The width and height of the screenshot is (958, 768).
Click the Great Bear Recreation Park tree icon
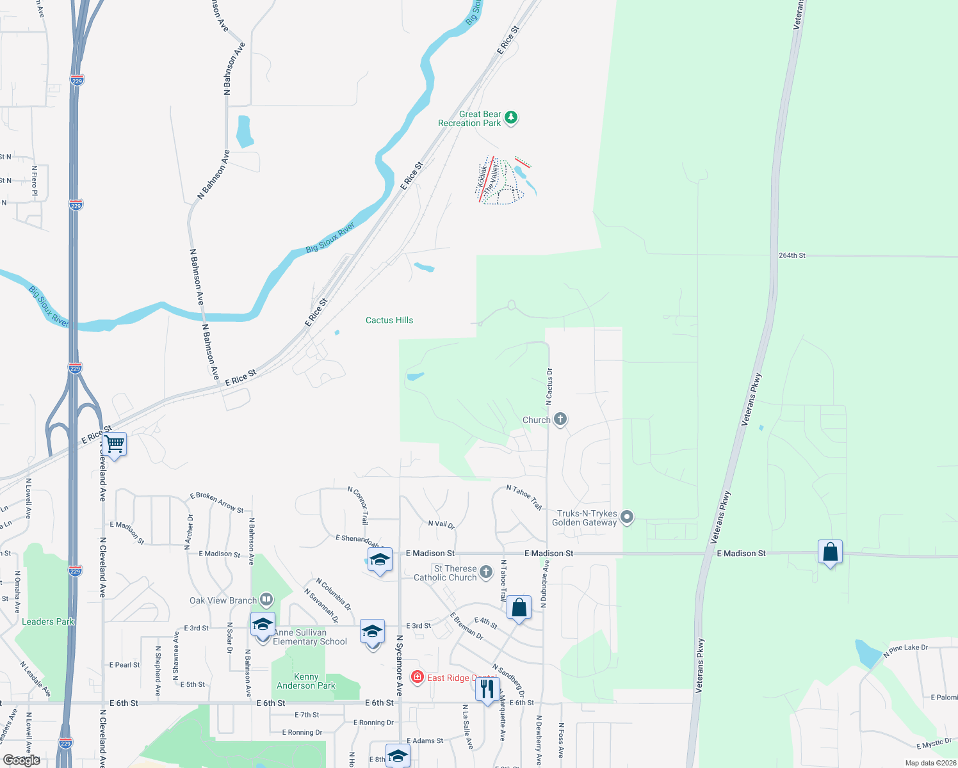pyautogui.click(x=510, y=117)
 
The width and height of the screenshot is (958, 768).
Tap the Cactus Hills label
pyautogui.click(x=389, y=320)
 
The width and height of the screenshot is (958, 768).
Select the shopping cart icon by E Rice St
pyautogui.click(x=115, y=443)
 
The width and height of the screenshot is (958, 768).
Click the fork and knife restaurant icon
pyautogui.click(x=487, y=689)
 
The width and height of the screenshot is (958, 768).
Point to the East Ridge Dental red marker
pyautogui.click(x=418, y=676)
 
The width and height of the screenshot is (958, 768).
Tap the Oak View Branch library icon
pyautogui.click(x=266, y=600)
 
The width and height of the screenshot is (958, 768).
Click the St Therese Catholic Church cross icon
pyautogui.click(x=486, y=572)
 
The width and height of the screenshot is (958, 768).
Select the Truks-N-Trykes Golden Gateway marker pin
pyautogui.click(x=627, y=517)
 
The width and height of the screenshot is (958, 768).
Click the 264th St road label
pyautogui.click(x=792, y=255)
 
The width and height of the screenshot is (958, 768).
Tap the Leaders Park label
pyautogui.click(x=48, y=621)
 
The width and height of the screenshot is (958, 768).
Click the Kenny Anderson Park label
pyautogui.click(x=306, y=681)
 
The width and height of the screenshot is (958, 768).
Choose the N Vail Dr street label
pyautogui.click(x=441, y=524)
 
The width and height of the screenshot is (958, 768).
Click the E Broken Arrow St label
pyautogui.click(x=217, y=502)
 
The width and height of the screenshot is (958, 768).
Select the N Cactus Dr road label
pyautogui.click(x=549, y=387)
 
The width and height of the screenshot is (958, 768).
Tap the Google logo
pyautogui.click(x=22, y=760)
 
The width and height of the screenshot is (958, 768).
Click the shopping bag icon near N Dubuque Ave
pyautogui.click(x=519, y=607)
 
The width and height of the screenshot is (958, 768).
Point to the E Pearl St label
pyautogui.click(x=124, y=665)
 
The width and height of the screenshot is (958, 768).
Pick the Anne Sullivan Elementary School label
pyautogui.click(x=310, y=637)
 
